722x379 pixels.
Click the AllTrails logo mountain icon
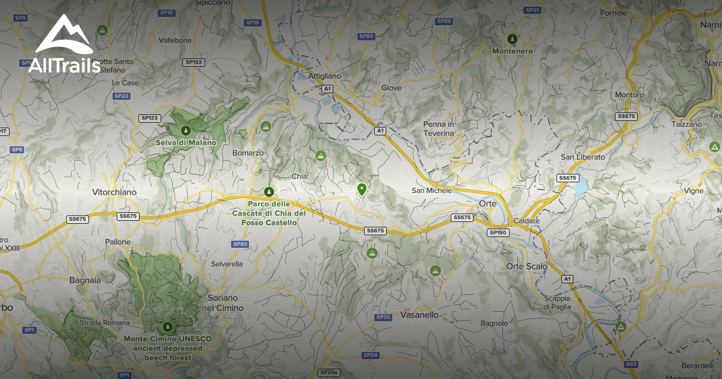(64, 34)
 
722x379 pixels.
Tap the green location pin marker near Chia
(362, 189)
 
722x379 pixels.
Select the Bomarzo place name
(248, 153)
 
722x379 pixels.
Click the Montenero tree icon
(512, 39)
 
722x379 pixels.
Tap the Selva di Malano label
(185, 143)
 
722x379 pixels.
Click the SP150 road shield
(499, 232)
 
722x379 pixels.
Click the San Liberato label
(583, 157)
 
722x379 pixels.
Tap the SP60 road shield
(239, 244)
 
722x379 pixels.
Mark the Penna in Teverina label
(439, 128)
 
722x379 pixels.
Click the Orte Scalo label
(526, 266)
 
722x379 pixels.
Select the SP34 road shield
(371, 355)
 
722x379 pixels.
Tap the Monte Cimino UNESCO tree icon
(167, 327)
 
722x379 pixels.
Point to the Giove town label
(391, 88)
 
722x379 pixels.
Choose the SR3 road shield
(631, 364)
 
